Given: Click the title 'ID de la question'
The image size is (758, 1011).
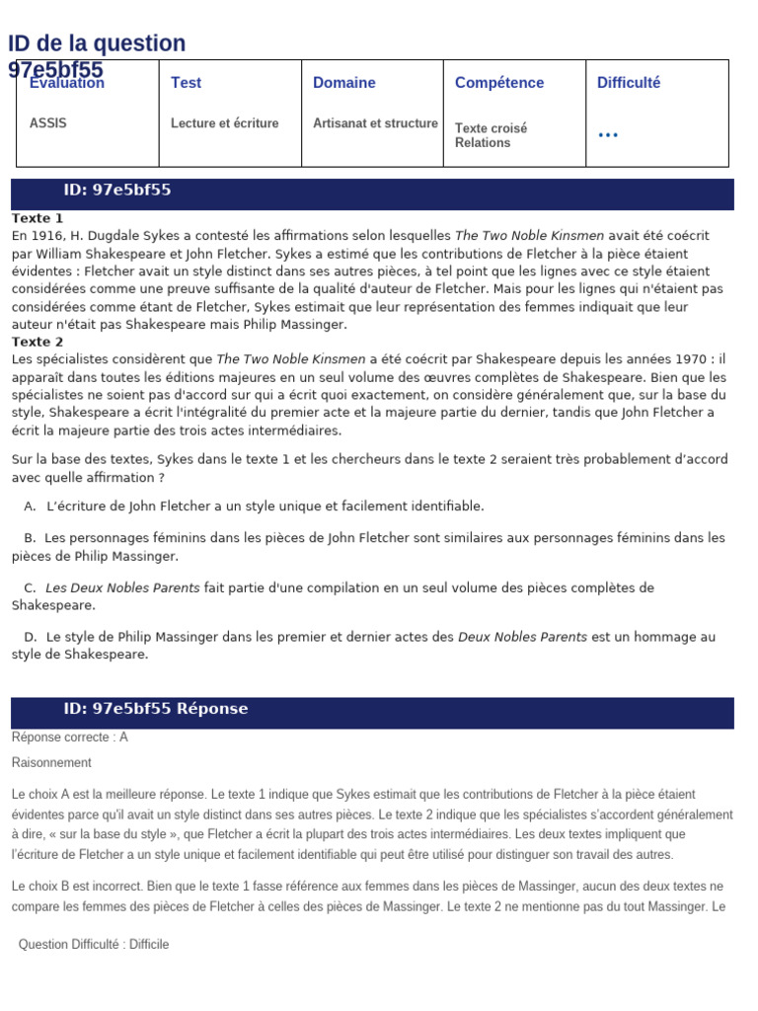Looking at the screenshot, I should (97, 43).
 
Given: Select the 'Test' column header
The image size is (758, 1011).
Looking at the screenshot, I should (186, 83).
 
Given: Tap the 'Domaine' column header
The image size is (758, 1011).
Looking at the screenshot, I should (343, 83).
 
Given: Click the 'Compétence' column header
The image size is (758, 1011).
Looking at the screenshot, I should (498, 83).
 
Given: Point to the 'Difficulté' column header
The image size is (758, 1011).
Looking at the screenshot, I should (628, 83).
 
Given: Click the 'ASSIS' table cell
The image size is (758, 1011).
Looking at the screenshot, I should (48, 123).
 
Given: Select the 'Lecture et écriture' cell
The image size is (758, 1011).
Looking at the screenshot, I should (224, 123).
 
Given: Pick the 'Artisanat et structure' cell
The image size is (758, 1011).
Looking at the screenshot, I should (375, 123).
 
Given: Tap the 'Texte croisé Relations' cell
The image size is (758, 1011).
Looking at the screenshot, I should (491, 135).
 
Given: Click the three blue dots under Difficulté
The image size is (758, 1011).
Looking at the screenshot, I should (608, 135).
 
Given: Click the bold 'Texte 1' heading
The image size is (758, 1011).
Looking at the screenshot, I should (38, 218).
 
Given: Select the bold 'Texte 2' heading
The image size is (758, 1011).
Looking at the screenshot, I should (38, 342).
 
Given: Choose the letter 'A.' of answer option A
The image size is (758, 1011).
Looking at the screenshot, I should (30, 506).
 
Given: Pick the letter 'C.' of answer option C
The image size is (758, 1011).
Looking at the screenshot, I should (31, 588).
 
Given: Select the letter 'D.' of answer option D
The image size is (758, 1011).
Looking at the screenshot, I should (31, 637).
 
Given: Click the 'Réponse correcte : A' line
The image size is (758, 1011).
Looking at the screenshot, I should (70, 738).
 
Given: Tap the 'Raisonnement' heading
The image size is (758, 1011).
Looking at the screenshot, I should (51, 763).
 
